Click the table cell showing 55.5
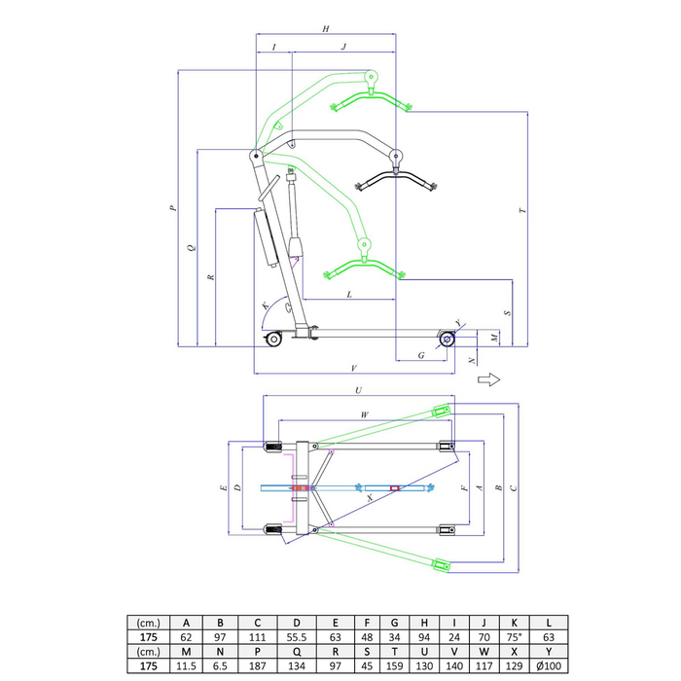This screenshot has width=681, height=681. point(296,637)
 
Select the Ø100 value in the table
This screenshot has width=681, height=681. point(549,665)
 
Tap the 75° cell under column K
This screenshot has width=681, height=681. point(514,637)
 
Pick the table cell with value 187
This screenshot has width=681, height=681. point(257,665)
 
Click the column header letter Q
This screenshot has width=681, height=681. point(296,652)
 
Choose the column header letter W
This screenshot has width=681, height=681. point(484,652)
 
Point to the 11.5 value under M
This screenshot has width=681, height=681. point(186,665)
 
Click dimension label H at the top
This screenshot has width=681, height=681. point(326,28)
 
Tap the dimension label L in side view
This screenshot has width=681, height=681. point(349,295)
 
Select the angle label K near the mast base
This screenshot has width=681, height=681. point(266,305)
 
